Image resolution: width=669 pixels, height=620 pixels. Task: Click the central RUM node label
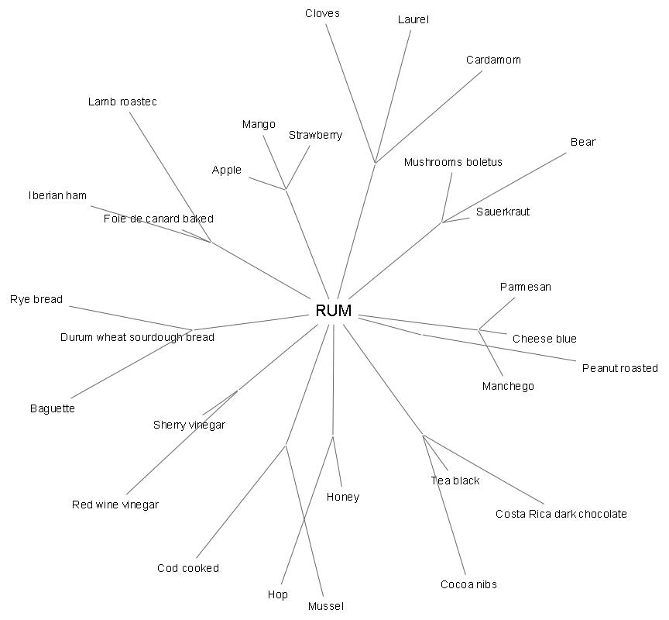click(334, 311)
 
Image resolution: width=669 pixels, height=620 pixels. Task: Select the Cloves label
click(322, 13)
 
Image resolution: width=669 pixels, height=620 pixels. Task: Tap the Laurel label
click(413, 19)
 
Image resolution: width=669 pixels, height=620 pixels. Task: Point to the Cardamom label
click(493, 60)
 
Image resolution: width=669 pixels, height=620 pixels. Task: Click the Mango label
click(259, 124)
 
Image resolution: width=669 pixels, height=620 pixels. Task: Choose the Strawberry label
click(315, 135)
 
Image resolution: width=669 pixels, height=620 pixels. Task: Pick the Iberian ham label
click(57, 195)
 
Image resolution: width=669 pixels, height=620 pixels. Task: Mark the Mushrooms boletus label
click(453, 162)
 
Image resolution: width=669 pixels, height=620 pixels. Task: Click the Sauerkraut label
click(503, 212)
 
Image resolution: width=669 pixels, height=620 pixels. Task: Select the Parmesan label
click(525, 287)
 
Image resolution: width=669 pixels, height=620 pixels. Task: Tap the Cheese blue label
click(544, 339)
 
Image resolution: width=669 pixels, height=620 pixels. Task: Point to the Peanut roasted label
click(619, 368)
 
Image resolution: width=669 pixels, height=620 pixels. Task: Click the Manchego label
click(508, 386)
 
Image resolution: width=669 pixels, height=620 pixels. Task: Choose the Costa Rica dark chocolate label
click(561, 514)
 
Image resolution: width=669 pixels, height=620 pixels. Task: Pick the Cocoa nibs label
click(468, 584)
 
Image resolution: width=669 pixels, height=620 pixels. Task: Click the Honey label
click(343, 497)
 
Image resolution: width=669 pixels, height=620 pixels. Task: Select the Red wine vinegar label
click(115, 505)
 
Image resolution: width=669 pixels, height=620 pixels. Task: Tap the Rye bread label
click(36, 299)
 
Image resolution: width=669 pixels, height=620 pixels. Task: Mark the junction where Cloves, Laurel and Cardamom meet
click(376, 163)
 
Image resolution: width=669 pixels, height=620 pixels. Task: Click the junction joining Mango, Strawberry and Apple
click(286, 189)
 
